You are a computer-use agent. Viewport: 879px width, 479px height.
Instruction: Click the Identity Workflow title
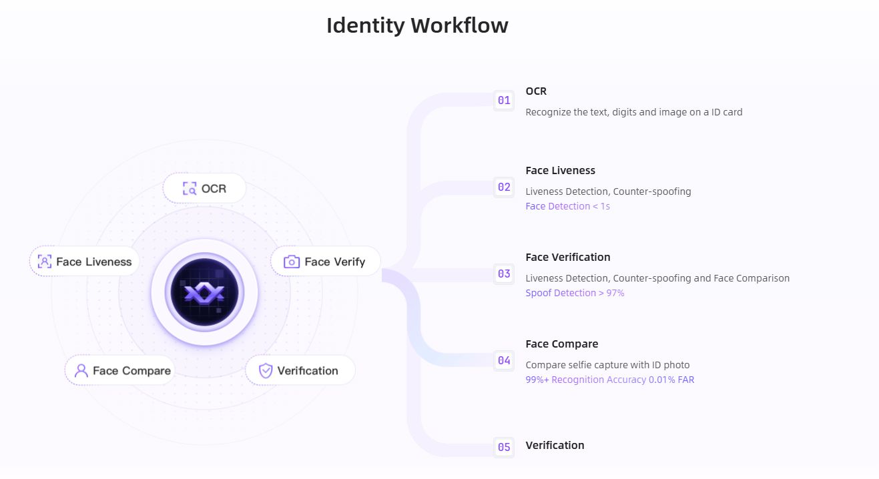[418, 25]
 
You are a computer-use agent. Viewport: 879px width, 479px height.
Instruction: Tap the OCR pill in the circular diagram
[204, 188]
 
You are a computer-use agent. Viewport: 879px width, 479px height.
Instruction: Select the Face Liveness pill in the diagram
[84, 262]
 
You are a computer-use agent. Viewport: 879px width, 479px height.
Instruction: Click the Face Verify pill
[325, 262]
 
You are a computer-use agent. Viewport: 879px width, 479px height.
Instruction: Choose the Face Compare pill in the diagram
[119, 370]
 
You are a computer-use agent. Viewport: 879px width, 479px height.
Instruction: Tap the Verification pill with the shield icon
[300, 370]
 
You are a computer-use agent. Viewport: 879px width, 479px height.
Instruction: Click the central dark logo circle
[204, 292]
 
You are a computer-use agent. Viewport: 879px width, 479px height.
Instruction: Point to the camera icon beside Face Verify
[292, 262]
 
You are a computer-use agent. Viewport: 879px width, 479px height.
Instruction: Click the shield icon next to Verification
[266, 370]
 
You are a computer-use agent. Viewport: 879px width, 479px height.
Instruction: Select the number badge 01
[504, 101]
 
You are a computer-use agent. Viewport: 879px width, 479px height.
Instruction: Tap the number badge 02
[504, 187]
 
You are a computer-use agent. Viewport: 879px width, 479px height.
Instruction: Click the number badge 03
[504, 274]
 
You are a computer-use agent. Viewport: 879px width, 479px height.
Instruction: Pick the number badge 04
[504, 360]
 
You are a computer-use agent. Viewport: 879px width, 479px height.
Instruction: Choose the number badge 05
[504, 447]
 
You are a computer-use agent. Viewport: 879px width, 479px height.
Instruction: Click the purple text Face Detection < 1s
[567, 206]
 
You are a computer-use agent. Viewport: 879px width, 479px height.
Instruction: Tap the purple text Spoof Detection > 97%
[575, 293]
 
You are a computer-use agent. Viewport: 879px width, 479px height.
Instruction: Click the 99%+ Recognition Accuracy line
[610, 380]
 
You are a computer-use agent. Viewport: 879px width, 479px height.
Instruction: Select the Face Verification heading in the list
[568, 258]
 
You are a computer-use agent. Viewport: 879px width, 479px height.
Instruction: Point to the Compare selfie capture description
[607, 365]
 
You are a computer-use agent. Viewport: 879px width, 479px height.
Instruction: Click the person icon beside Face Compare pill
[81, 371]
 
